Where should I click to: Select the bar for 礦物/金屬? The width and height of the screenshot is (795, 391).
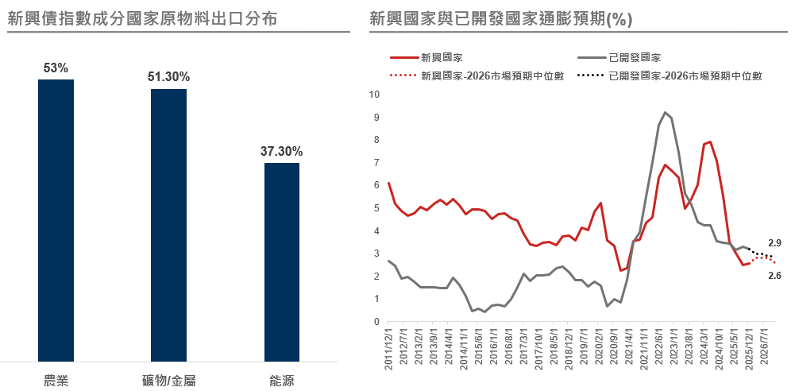(169, 225)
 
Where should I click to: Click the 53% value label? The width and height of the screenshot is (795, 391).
(56, 68)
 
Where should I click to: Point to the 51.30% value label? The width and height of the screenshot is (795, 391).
(168, 77)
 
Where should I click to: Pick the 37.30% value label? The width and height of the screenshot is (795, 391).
(282, 152)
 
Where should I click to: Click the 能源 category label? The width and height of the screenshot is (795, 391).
(282, 381)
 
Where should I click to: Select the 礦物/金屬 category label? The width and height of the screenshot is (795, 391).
(168, 381)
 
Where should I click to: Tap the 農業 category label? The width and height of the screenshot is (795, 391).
(56, 381)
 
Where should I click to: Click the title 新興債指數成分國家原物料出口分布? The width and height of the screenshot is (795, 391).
(143, 18)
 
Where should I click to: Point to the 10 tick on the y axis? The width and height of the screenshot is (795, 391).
(375, 95)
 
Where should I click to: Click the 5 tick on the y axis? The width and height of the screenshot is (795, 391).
(377, 208)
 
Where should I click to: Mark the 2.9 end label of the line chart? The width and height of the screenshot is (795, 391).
(774, 243)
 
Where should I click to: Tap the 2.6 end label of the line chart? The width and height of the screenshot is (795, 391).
(774, 275)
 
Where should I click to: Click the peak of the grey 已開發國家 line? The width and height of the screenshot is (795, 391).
(665, 113)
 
